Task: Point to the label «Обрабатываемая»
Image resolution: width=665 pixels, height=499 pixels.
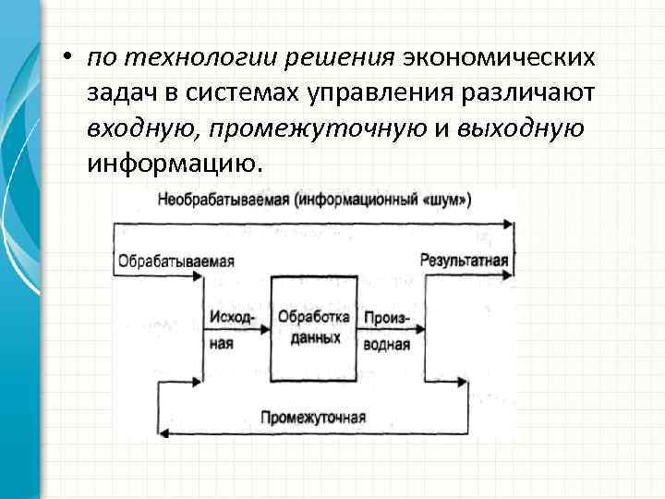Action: coord(175,261)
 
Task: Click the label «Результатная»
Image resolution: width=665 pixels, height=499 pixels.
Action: coord(464,261)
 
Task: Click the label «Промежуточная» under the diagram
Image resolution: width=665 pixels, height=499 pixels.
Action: coord(313,417)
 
